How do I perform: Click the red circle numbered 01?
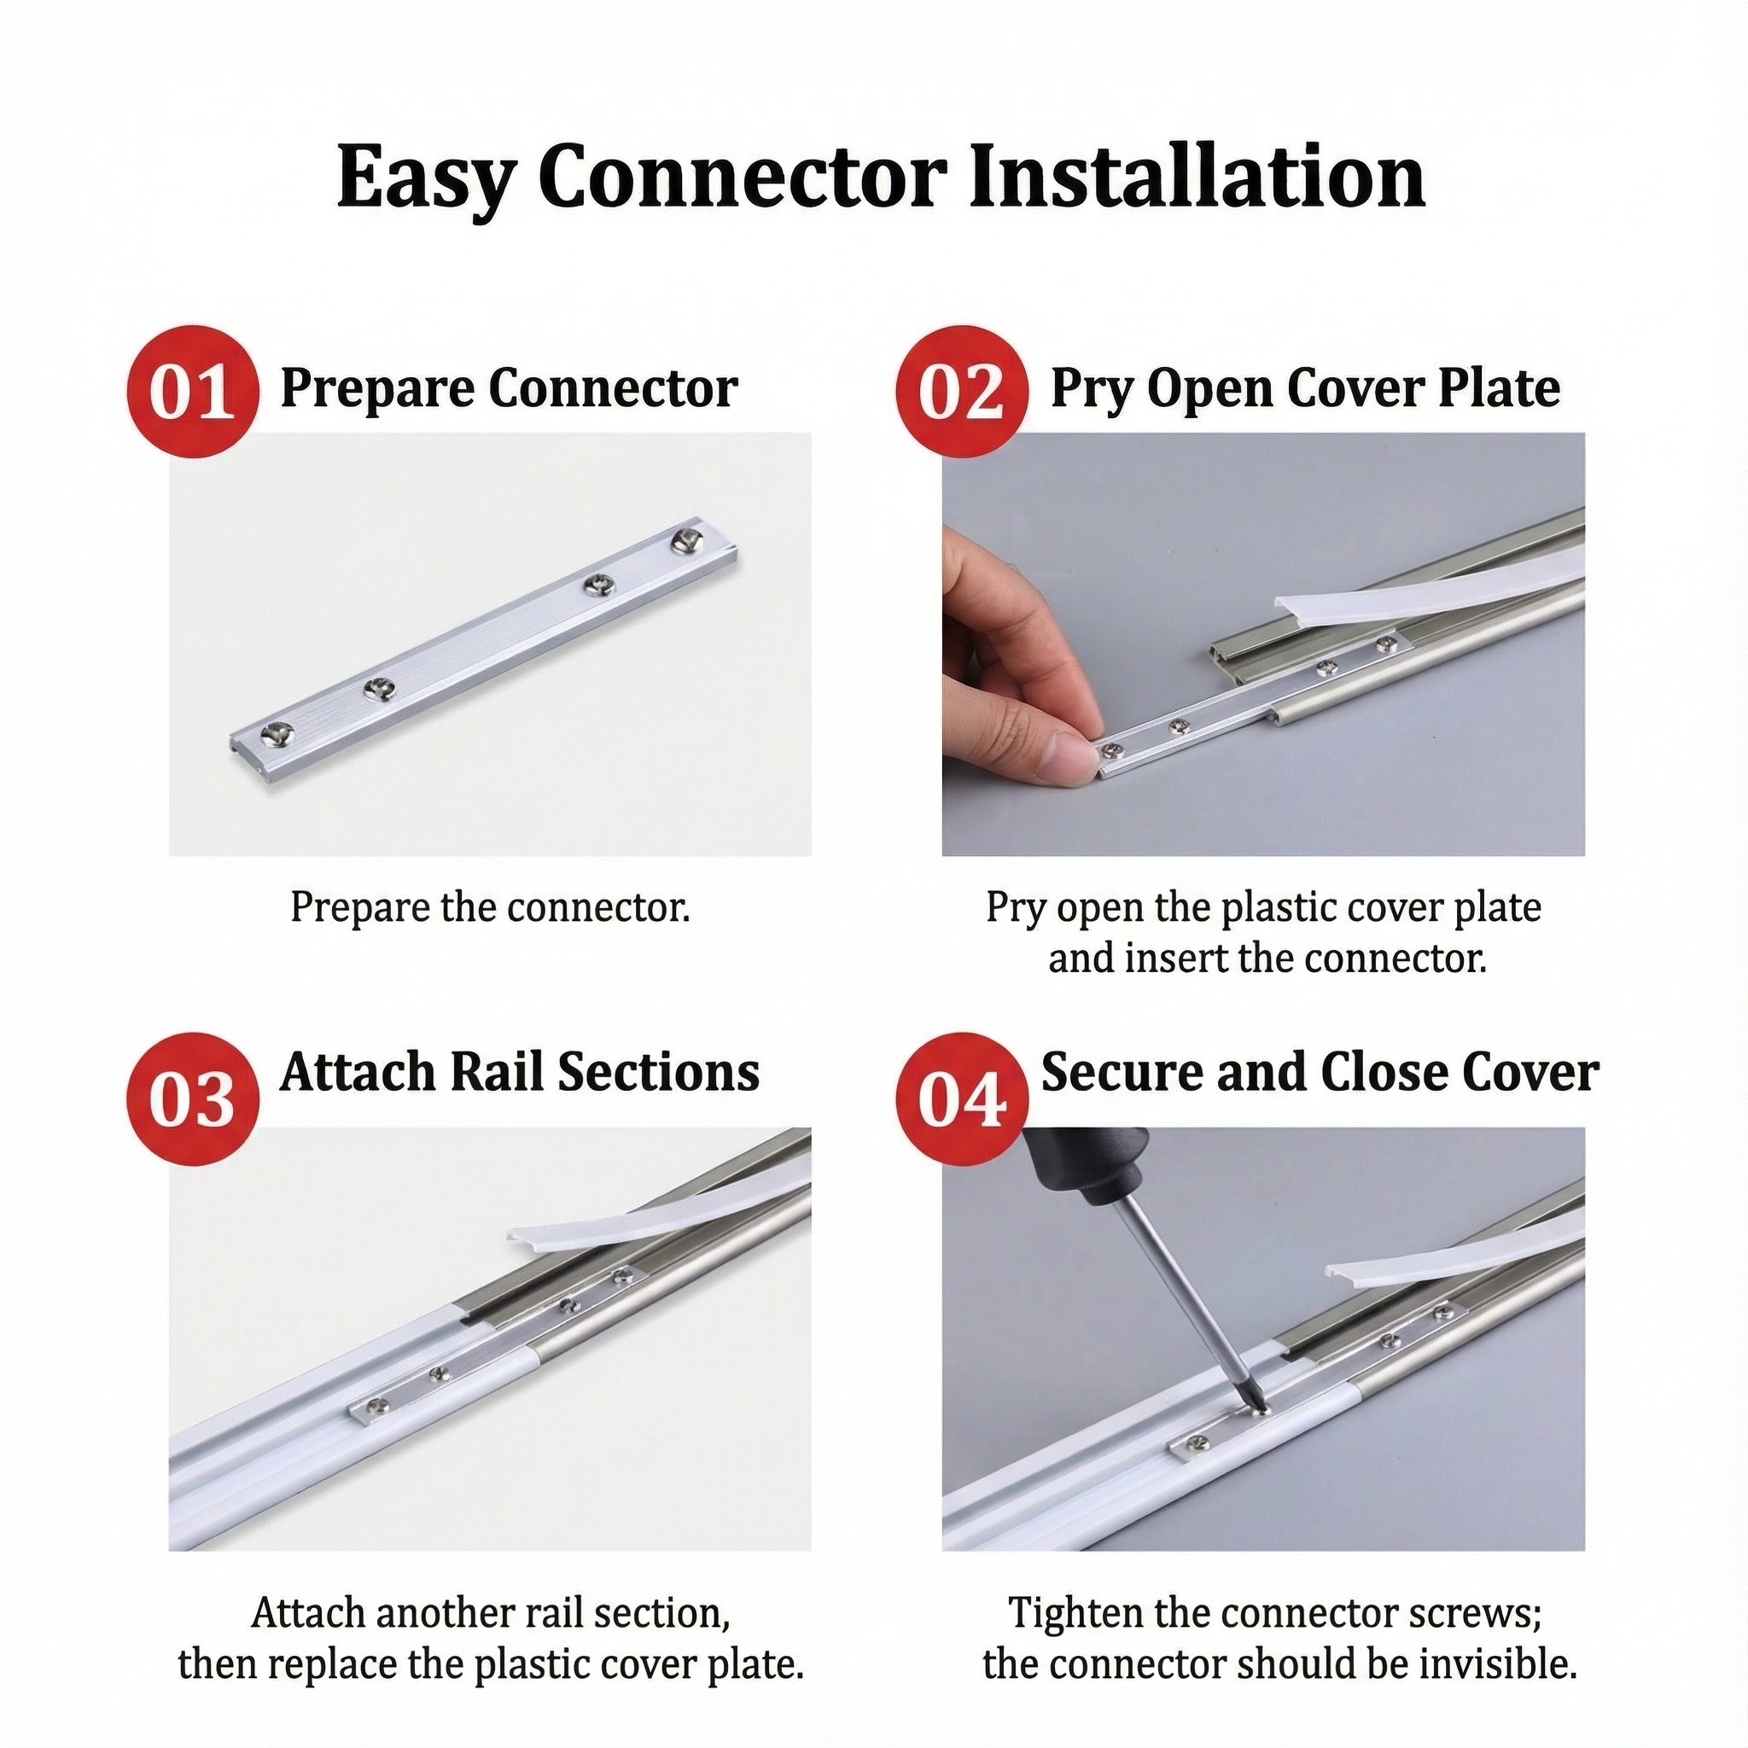click(x=193, y=392)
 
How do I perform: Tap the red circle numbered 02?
click(x=962, y=392)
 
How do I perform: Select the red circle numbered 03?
click(x=193, y=1099)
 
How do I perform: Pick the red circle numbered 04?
click(x=962, y=1099)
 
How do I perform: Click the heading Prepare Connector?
click(x=509, y=389)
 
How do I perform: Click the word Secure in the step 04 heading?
click(x=1122, y=1073)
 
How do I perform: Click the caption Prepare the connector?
click(x=491, y=907)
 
